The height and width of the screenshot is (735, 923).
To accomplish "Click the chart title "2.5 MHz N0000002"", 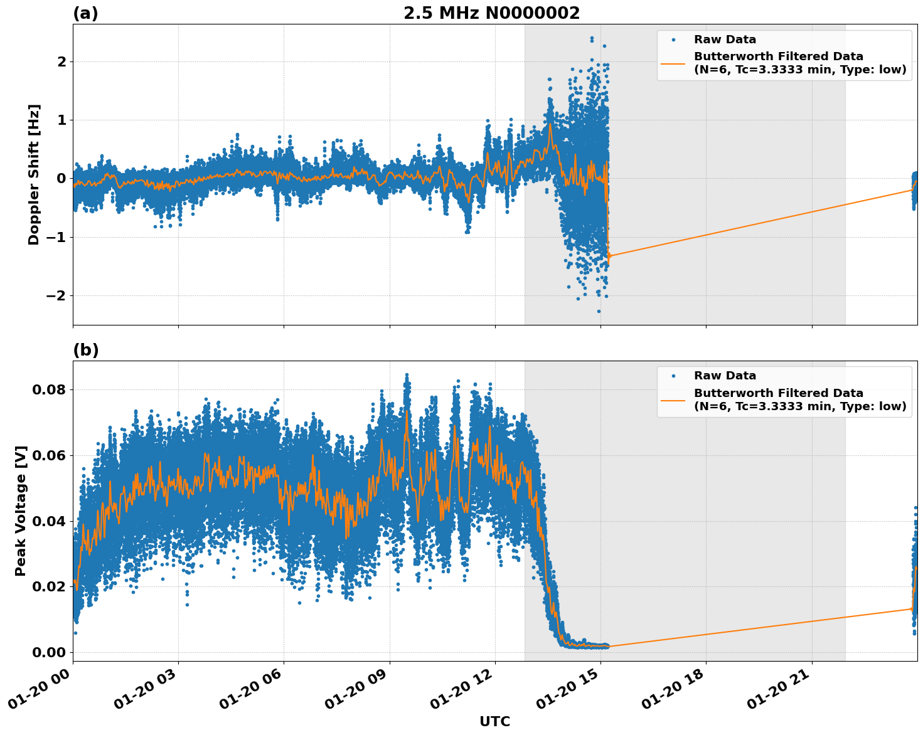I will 491,13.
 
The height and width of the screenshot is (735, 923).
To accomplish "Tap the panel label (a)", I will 85,13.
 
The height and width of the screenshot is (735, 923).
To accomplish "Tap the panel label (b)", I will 85,350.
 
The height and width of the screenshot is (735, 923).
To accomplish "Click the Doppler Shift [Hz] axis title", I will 34,174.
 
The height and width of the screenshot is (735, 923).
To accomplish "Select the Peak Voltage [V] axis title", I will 21,510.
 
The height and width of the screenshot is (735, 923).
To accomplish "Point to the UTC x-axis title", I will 494,721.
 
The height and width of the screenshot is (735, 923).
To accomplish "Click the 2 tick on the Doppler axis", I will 61,61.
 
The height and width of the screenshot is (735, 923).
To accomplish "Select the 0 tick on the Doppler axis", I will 61,179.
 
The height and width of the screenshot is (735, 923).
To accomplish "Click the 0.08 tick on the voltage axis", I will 49,389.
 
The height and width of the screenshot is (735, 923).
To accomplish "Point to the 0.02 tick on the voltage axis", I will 49,586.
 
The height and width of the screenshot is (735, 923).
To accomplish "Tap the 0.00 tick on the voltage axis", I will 49,652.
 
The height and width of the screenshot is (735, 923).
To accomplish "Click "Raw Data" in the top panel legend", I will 725,40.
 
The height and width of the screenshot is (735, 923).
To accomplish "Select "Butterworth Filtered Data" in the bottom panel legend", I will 778,393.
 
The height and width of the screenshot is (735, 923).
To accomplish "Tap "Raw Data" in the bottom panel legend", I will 725,376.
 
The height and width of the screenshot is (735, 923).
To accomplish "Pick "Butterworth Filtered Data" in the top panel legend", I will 778,56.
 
